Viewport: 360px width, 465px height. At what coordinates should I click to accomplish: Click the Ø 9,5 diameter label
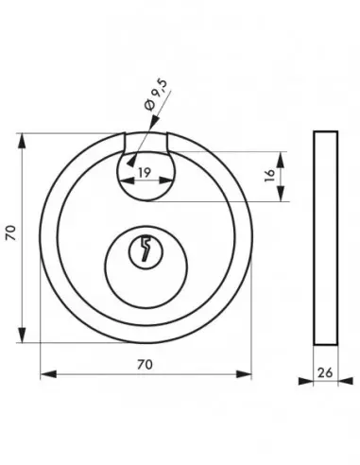coord(156,95)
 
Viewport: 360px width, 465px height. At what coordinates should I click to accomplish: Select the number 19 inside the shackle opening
coord(145,172)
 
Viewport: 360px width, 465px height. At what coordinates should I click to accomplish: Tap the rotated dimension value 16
coord(269,176)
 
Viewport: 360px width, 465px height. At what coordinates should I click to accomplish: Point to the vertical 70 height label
coord(11,232)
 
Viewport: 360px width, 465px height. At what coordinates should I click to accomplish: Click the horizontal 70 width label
coord(145,364)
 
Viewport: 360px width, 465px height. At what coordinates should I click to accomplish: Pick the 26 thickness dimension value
coord(325,372)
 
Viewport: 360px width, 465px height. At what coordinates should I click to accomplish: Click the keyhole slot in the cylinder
coord(146,249)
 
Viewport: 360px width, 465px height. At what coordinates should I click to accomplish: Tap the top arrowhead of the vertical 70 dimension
coord(22,141)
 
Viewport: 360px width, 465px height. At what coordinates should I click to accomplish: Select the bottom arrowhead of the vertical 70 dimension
coord(22,335)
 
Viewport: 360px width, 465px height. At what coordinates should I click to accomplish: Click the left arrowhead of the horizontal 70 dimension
coord(48,374)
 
